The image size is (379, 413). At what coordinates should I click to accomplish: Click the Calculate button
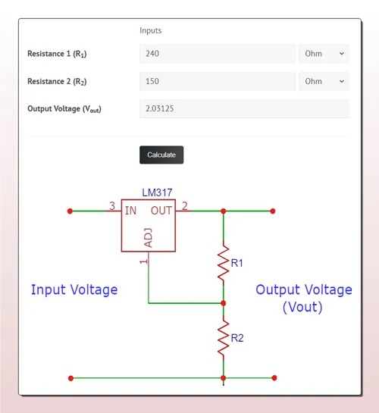[161, 155]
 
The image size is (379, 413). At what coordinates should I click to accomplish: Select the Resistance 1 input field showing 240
[218, 54]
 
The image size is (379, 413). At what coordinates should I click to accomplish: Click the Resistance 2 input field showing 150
[218, 81]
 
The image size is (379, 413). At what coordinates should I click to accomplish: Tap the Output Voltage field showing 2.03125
[244, 108]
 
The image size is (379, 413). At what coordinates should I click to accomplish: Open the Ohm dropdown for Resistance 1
[324, 54]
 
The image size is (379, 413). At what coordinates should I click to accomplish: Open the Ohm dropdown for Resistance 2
[324, 81]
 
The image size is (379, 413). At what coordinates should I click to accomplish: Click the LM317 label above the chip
[157, 192]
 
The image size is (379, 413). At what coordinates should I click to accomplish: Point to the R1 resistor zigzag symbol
[224, 263]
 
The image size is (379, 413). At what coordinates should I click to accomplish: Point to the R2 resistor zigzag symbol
[224, 338]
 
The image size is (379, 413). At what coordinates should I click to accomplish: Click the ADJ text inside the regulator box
[149, 238]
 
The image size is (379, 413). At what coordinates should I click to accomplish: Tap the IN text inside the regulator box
[130, 211]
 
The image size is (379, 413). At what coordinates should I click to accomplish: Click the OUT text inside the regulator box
[161, 211]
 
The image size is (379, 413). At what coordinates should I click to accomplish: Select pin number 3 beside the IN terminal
[112, 206]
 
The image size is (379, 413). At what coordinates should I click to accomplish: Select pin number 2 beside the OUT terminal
[185, 206]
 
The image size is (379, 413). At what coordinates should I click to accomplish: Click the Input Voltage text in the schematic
[74, 290]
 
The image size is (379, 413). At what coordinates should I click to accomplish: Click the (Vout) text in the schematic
[302, 307]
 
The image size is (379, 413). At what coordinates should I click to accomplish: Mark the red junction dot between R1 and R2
[224, 303]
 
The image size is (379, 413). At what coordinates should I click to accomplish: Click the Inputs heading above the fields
[150, 30]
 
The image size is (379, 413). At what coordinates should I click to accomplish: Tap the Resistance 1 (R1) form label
[57, 54]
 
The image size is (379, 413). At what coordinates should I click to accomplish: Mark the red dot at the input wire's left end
[70, 211]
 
